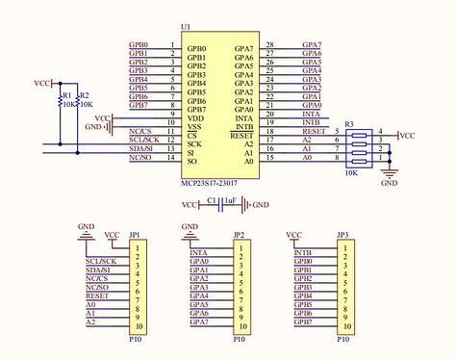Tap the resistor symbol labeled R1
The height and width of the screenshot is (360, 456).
click(x=61, y=100)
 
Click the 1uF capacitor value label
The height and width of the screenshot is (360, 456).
click(x=229, y=199)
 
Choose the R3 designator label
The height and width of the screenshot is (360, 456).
click(x=349, y=124)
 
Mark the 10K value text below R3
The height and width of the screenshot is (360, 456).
click(x=351, y=172)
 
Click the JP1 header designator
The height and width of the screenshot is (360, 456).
click(x=135, y=235)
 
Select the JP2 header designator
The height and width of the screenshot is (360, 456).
click(x=238, y=235)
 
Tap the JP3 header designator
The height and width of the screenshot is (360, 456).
click(x=342, y=235)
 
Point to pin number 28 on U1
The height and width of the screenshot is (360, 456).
click(x=270, y=44)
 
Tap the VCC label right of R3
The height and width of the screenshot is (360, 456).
click(x=407, y=136)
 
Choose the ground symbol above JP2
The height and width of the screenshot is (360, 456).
click(x=190, y=229)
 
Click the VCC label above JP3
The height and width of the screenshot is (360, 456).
click(x=295, y=235)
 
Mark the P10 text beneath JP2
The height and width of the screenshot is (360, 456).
click(x=239, y=339)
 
